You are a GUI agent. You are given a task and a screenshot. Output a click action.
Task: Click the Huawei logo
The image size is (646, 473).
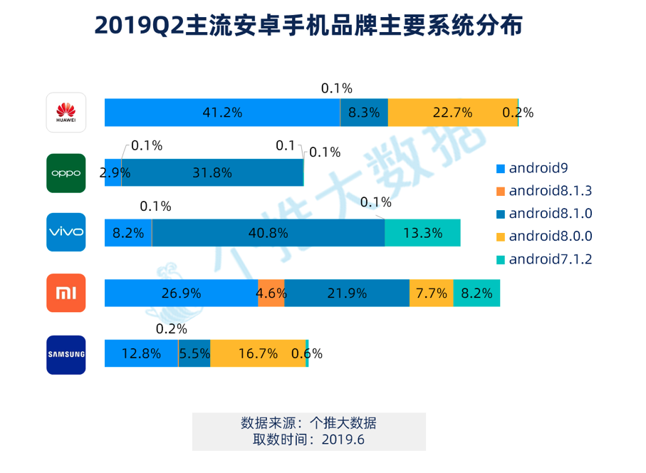[x=66, y=113]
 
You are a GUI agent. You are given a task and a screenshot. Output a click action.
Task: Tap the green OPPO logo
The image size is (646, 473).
[x=66, y=173]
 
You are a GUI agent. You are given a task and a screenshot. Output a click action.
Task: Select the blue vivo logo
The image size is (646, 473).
[x=66, y=232]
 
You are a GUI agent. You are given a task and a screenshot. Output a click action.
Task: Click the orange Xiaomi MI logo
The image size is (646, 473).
[x=66, y=293]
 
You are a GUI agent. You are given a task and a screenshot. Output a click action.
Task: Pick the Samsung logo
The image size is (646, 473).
[x=66, y=354]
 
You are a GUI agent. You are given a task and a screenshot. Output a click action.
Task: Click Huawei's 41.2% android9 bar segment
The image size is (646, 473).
[x=222, y=113]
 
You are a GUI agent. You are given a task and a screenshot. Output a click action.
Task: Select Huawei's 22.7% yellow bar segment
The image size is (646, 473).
[x=452, y=113]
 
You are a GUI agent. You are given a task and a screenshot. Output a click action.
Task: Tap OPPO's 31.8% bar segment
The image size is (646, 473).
[x=212, y=172]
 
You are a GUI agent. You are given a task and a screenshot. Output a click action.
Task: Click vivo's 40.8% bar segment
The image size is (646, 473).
[x=268, y=232]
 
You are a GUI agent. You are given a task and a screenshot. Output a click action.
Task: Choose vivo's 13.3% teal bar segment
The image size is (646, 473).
[x=422, y=232]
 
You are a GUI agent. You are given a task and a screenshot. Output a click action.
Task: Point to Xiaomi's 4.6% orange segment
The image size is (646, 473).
[x=271, y=293]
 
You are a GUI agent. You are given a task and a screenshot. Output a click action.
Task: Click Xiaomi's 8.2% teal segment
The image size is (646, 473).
[x=476, y=293]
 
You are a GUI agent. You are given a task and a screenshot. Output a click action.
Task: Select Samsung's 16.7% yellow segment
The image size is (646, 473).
[x=257, y=353]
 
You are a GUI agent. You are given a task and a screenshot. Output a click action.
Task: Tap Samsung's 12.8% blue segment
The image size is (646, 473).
[x=141, y=353]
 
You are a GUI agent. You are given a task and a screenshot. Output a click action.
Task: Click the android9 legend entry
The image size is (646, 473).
[x=536, y=169]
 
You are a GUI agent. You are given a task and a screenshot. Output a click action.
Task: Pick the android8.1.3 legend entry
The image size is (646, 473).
[x=544, y=191]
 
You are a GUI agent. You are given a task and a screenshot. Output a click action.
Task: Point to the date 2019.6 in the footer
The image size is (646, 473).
[x=343, y=440]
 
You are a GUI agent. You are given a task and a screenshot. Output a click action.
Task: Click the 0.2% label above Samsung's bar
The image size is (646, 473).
[x=171, y=329]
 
